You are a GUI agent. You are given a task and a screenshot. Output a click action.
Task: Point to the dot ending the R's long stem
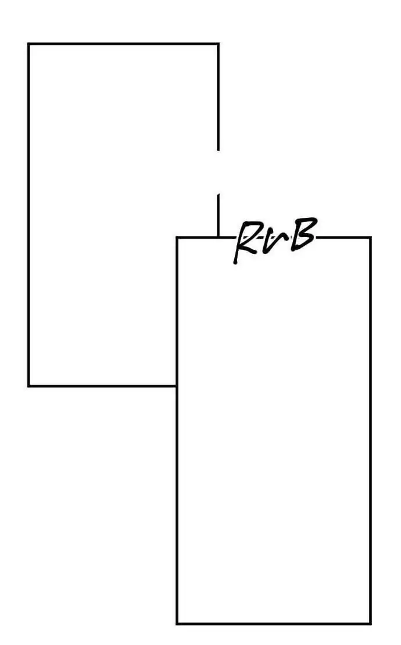click(235, 262)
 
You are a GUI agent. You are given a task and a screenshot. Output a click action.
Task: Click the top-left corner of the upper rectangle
click(28, 44)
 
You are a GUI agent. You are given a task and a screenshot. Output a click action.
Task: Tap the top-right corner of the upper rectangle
click(218, 44)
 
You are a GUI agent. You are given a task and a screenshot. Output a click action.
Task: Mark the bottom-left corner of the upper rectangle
click(28, 385)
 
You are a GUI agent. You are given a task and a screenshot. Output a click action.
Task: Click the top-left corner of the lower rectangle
click(177, 237)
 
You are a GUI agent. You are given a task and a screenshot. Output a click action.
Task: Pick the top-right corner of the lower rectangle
click(370, 237)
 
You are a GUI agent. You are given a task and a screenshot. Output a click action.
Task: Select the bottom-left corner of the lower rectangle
click(177, 623)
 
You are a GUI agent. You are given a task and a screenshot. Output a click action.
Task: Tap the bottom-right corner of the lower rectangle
click(370, 623)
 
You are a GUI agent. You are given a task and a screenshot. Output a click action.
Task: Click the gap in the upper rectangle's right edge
click(218, 172)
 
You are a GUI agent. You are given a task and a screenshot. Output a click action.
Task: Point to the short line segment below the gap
click(218, 215)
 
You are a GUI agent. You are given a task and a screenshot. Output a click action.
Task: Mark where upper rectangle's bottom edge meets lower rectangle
click(177, 385)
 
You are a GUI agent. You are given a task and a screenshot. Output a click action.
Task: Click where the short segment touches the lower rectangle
click(218, 237)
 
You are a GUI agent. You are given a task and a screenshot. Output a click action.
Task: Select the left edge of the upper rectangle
click(28, 215)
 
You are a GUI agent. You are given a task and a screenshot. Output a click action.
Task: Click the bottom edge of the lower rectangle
click(273, 623)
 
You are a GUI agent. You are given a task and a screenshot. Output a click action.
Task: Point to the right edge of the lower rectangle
click(370, 430)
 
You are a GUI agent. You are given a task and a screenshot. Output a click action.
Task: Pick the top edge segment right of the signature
click(343, 237)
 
